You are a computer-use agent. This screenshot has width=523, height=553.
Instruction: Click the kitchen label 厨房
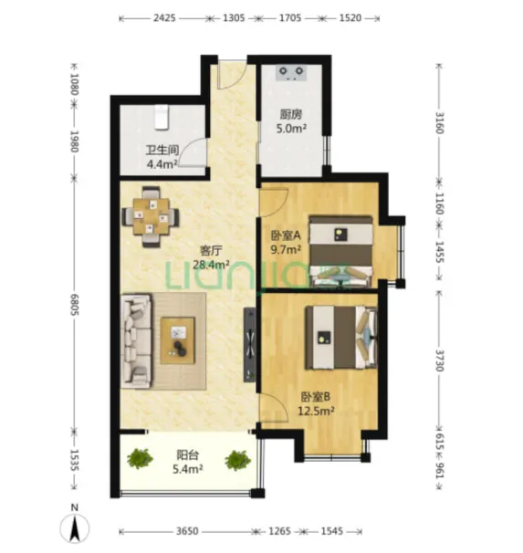click(x=291, y=114)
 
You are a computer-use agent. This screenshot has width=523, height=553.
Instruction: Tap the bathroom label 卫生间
click(x=162, y=151)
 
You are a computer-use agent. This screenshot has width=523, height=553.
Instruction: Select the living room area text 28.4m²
click(x=211, y=264)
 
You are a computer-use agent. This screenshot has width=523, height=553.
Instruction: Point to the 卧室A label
click(x=286, y=235)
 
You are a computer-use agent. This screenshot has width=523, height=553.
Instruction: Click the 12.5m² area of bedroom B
click(x=316, y=411)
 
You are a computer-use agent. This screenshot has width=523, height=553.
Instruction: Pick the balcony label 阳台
click(x=187, y=455)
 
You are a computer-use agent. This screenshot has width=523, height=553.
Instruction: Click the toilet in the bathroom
click(x=162, y=117)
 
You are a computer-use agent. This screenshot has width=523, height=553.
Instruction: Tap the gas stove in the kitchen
click(x=291, y=73)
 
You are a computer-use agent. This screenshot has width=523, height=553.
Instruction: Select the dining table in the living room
click(x=151, y=216)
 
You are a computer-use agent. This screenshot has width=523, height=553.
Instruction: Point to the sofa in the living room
click(x=136, y=341)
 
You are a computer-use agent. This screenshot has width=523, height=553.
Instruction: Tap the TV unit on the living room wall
click(x=250, y=345)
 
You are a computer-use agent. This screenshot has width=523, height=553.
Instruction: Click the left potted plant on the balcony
click(x=140, y=459)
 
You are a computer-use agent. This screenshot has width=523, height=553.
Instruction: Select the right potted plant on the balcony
click(x=237, y=460)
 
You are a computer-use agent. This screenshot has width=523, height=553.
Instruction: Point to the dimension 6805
click(x=75, y=305)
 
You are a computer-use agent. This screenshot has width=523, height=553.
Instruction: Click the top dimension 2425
click(x=164, y=17)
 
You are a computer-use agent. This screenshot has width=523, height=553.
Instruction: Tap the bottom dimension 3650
click(x=187, y=531)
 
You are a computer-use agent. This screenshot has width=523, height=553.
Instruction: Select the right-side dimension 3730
click(x=439, y=360)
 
